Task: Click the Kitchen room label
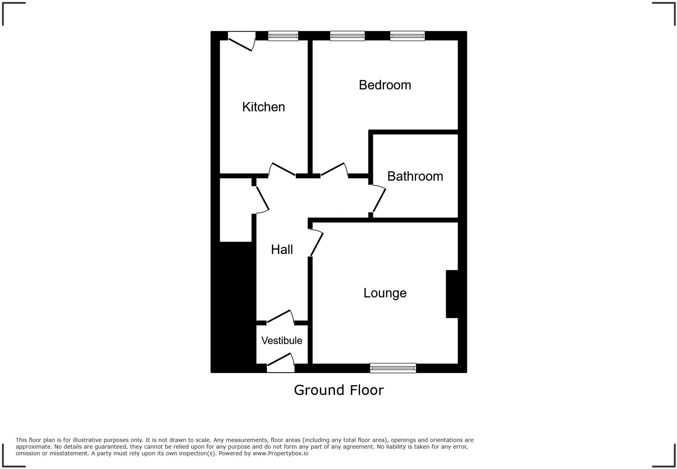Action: pos(263,107)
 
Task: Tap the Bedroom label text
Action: pos(385,85)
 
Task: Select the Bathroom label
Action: pos(415,176)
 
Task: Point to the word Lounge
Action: pos(385,293)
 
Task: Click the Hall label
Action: pos(282,249)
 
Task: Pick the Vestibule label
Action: pos(282,341)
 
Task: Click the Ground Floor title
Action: pos(338,390)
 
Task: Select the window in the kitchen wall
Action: pos(283,36)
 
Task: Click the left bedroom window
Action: pos(347,36)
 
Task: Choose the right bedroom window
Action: pos(407,36)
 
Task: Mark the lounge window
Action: pos(393,368)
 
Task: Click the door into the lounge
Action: pos(316,244)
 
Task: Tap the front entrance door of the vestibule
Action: pos(280,361)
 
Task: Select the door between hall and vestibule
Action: pos(280,317)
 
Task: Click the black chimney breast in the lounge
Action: pos(452,294)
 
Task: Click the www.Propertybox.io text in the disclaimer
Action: pos(280,453)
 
